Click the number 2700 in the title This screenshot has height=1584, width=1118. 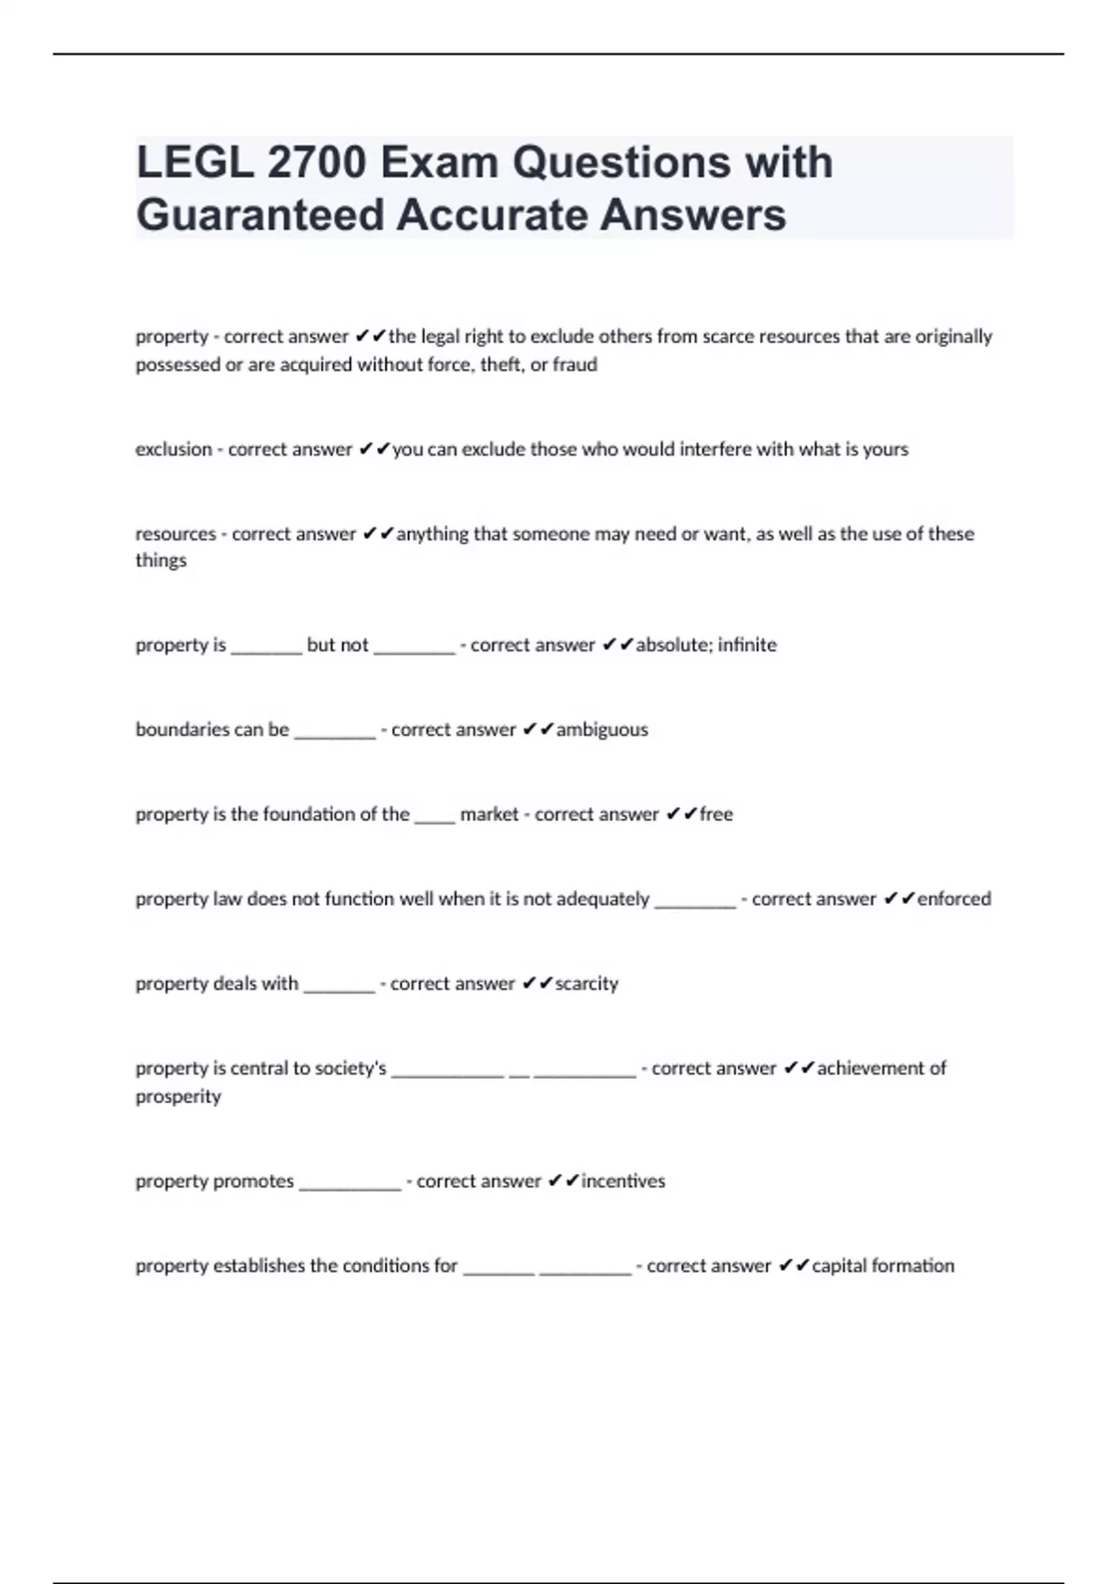pos(316,162)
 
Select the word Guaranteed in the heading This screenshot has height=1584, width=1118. pos(260,214)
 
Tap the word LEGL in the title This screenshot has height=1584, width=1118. pos(194,162)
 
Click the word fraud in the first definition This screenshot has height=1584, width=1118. pos(575,364)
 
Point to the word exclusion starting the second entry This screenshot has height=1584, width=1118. pos(173,449)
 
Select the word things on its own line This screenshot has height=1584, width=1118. pos(160,560)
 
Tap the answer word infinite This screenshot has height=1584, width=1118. pos(746,645)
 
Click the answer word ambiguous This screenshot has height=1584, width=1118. pos(602,730)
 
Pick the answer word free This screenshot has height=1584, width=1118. pos(716,814)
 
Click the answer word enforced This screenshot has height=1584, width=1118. pos(954,899)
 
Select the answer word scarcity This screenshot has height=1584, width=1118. pos(586,984)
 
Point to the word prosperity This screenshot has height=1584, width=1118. pos(178,1097)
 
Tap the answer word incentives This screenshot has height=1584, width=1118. pos(623,1181)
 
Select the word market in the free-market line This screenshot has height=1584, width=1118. pos(489,814)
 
